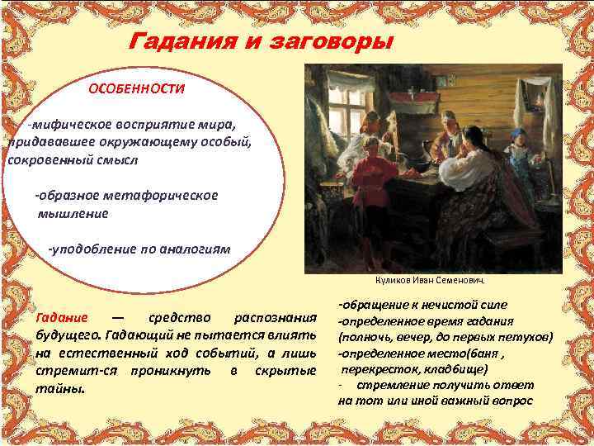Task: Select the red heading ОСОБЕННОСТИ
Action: [x=137, y=88]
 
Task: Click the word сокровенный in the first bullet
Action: [x=48, y=158]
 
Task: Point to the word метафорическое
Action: [x=168, y=196]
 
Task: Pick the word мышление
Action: [x=73, y=213]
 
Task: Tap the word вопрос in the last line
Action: [x=512, y=401]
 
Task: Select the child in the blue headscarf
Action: [x=518, y=153]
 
